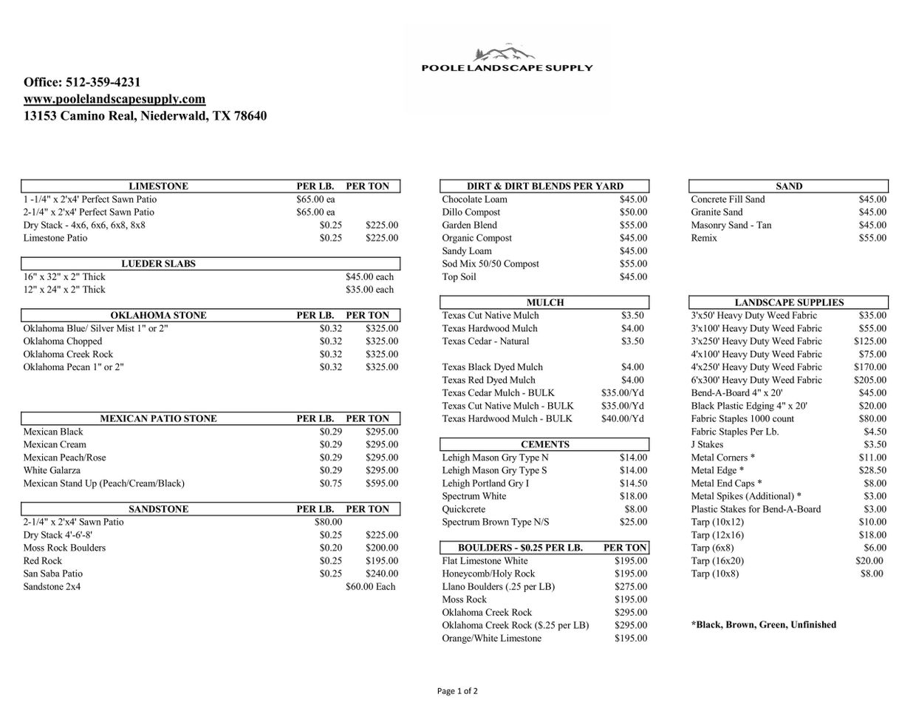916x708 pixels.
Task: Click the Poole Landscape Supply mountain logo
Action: (x=506, y=53)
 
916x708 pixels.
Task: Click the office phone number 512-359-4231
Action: (x=103, y=82)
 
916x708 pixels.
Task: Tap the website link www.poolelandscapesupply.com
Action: (x=115, y=99)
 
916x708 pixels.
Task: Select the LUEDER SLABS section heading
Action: (x=158, y=264)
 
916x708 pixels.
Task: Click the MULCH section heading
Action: (x=545, y=302)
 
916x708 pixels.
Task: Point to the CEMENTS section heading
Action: (x=545, y=444)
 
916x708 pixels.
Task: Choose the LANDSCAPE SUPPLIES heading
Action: (x=789, y=302)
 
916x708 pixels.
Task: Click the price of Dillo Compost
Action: (x=633, y=212)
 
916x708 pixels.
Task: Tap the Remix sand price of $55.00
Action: (x=872, y=238)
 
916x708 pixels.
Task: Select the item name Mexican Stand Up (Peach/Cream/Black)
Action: (x=104, y=483)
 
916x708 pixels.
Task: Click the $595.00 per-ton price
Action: (x=381, y=483)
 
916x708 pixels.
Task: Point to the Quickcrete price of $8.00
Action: (x=635, y=509)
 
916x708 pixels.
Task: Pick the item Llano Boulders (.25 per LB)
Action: (x=498, y=587)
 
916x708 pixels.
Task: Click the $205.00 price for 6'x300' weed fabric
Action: (x=870, y=380)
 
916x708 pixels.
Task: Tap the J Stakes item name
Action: (x=707, y=444)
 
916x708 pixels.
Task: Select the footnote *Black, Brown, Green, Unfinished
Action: (x=764, y=624)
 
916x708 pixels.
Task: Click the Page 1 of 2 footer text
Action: (x=457, y=691)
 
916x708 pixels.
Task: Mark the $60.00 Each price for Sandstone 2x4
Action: (x=370, y=587)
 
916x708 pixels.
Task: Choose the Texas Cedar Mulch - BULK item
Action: (x=498, y=392)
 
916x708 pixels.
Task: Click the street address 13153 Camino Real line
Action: (x=145, y=116)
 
